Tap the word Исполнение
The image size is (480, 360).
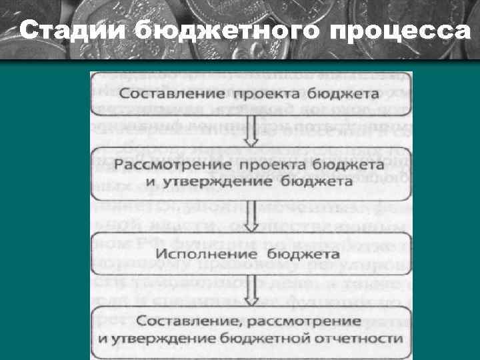pos(213,254)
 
